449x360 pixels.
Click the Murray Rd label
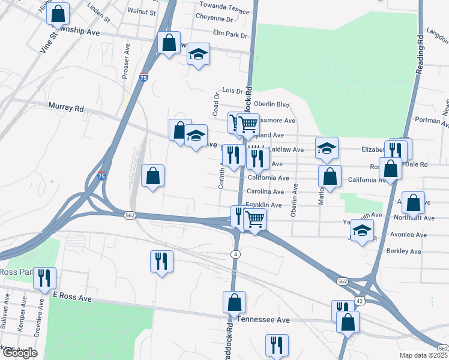pyautogui.click(x=66, y=108)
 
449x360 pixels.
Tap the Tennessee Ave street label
pyautogui.click(x=264, y=320)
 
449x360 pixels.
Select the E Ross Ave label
pyautogui.click(x=72, y=298)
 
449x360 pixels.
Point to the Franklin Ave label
pyautogui.click(x=264, y=205)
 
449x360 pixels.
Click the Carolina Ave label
pyautogui.click(x=265, y=191)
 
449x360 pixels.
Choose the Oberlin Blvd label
pyautogui.click(x=272, y=104)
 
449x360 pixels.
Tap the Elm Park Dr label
pyautogui.click(x=230, y=35)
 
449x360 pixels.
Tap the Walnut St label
pyautogui.click(x=142, y=11)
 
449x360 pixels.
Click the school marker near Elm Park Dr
pyautogui.click(x=198, y=55)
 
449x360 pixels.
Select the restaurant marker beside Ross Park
pyautogui.click(x=44, y=278)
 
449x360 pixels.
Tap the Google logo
pyautogui.click(x=19, y=353)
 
